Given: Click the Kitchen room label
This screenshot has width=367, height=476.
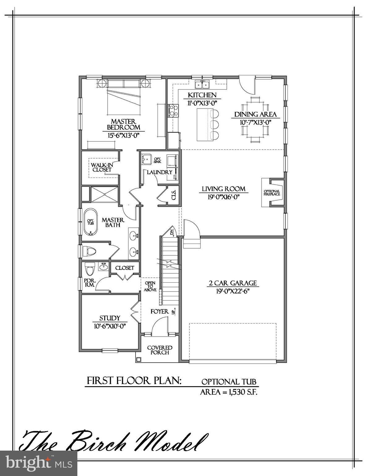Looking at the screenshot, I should point(202,95).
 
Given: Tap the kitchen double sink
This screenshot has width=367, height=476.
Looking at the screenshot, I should point(203,84).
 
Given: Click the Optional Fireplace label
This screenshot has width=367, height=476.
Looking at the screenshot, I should point(272,193).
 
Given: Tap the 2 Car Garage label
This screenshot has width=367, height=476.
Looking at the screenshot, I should point(232,283).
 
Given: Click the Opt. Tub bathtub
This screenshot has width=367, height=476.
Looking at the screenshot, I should point(90,223).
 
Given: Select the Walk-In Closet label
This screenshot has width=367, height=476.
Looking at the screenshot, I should point(102,167).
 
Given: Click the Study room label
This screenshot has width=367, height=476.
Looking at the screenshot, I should point(110,318).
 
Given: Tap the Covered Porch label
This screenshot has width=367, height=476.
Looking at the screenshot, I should point(160,350).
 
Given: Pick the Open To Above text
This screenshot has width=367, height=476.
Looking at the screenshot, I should point(150,286).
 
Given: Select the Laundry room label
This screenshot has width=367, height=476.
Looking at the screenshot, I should point(159,172).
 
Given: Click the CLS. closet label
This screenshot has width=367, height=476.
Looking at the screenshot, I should point(173,195).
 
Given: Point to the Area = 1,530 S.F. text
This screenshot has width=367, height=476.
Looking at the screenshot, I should point(229,392).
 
